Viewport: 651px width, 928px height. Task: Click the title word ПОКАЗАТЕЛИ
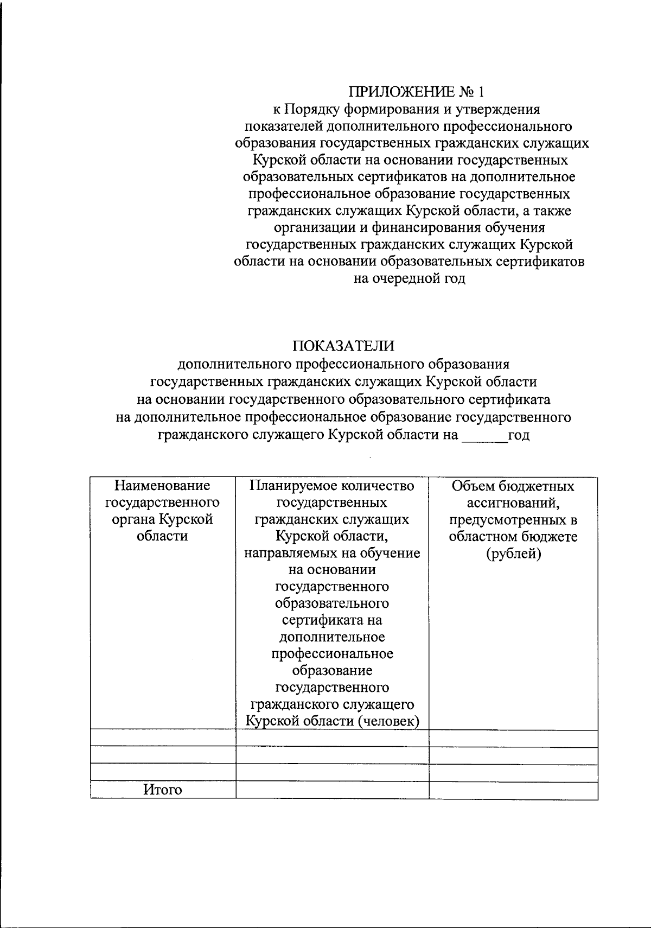(x=344, y=346)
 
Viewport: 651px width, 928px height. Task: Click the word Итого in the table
(x=163, y=790)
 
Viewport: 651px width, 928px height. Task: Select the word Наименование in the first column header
(x=162, y=485)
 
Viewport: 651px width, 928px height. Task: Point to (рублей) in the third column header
(x=513, y=554)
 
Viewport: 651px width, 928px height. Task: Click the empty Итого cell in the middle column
(x=332, y=790)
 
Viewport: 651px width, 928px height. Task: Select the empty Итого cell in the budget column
(x=513, y=790)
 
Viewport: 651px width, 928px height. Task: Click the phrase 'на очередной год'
(x=410, y=279)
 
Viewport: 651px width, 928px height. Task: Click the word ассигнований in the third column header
(x=512, y=503)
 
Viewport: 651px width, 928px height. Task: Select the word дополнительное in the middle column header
(x=332, y=637)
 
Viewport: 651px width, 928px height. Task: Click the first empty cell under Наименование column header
(x=163, y=738)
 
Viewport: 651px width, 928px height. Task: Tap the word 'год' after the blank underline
(x=519, y=436)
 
